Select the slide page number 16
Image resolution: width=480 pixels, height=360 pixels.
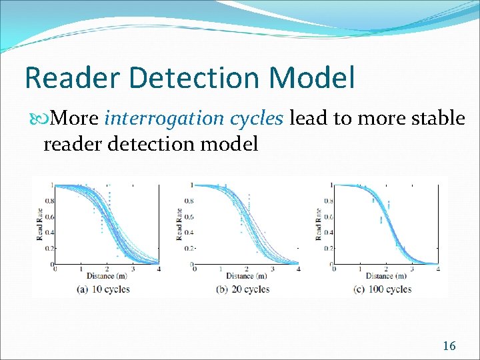pyautogui.click(x=449, y=345)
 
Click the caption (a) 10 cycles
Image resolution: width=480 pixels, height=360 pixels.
pyautogui.click(x=103, y=289)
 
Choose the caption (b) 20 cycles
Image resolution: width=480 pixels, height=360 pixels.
pyautogui.click(x=243, y=289)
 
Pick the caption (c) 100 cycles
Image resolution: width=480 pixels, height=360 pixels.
pyautogui.click(x=383, y=289)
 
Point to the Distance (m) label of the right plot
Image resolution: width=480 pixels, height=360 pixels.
pyautogui.click(x=385, y=276)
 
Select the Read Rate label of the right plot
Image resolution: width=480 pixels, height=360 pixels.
pyautogui.click(x=318, y=224)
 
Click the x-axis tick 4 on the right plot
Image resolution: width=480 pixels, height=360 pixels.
pyautogui.click(x=437, y=269)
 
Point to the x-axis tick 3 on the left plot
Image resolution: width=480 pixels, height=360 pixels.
pyautogui.click(x=133, y=269)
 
